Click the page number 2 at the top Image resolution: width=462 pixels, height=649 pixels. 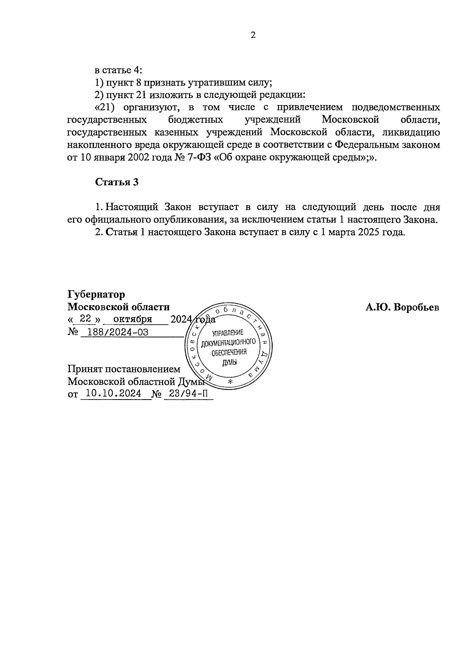(x=253, y=35)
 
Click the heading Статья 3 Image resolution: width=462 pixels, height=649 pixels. (x=117, y=182)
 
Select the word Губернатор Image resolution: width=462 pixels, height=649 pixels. (x=96, y=294)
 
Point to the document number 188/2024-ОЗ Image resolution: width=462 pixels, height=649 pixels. (x=118, y=332)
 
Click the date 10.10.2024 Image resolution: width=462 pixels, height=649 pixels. (x=114, y=393)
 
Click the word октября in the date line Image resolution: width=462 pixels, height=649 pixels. (x=133, y=319)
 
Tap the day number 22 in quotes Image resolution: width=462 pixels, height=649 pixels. (x=85, y=319)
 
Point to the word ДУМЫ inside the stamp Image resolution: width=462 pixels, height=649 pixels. (x=229, y=363)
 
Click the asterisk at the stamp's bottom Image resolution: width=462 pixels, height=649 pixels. (x=231, y=381)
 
